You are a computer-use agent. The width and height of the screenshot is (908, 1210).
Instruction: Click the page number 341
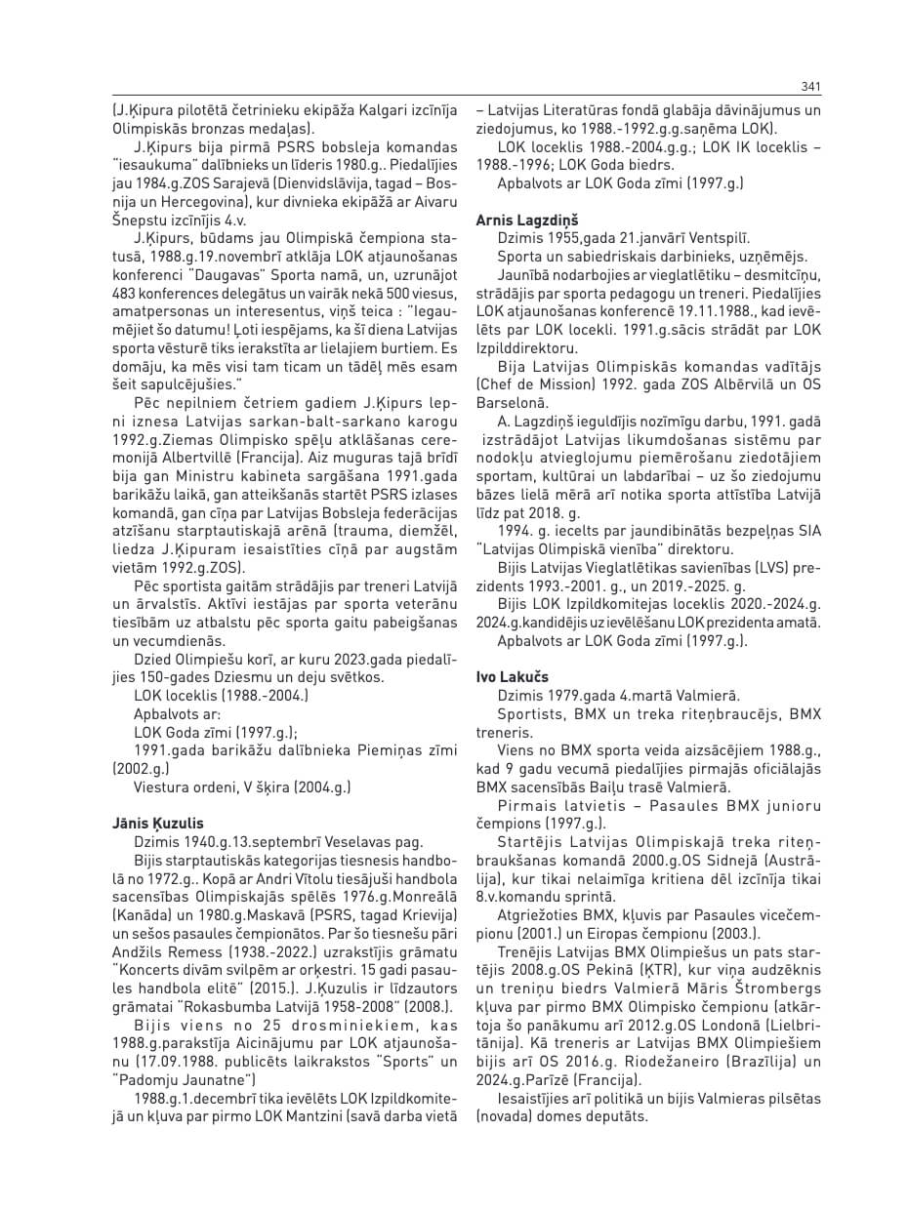click(810, 87)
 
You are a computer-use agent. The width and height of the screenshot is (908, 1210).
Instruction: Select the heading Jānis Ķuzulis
click(158, 824)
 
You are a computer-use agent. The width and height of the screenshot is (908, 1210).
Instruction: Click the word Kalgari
click(355, 110)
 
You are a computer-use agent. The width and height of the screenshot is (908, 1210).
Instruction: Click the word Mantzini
click(316, 1115)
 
